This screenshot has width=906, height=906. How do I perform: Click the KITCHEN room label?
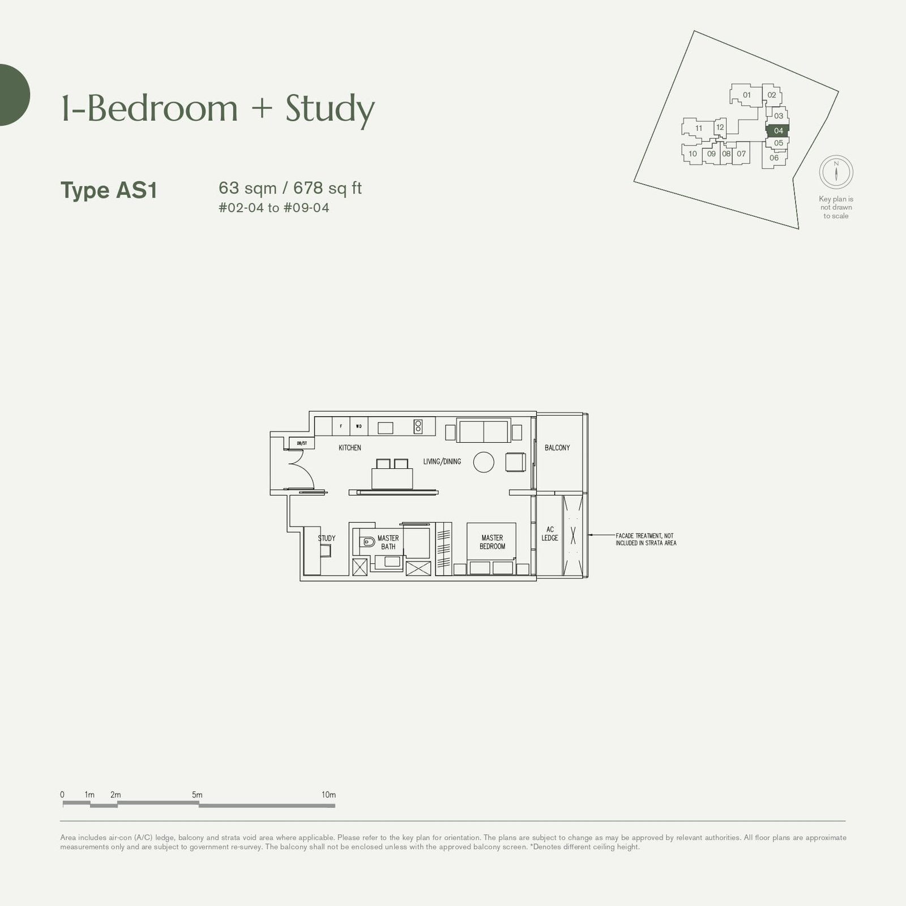[349, 448]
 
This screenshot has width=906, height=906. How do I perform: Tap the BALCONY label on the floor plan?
[557, 448]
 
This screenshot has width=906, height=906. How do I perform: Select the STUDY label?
[327, 539]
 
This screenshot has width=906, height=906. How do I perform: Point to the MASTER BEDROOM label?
[492, 542]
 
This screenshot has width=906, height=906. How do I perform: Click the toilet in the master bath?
[367, 542]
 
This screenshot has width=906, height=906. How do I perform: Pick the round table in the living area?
[484, 462]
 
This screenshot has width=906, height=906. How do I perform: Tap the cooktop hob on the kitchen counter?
[418, 426]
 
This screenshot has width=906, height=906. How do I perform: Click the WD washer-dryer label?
[359, 426]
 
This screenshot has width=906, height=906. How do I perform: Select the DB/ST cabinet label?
[302, 443]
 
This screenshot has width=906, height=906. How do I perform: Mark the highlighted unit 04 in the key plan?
[778, 131]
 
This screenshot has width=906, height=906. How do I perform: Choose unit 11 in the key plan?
[699, 129]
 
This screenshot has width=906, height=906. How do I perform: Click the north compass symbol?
[836, 172]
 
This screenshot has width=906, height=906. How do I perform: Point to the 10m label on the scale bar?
[328, 795]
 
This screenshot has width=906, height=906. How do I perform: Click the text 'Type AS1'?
[109, 190]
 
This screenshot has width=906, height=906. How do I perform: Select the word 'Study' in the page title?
[330, 109]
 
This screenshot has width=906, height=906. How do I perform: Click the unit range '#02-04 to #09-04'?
[273, 208]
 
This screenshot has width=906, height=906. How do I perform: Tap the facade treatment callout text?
[646, 539]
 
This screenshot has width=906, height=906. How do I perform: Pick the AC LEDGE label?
[550, 534]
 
